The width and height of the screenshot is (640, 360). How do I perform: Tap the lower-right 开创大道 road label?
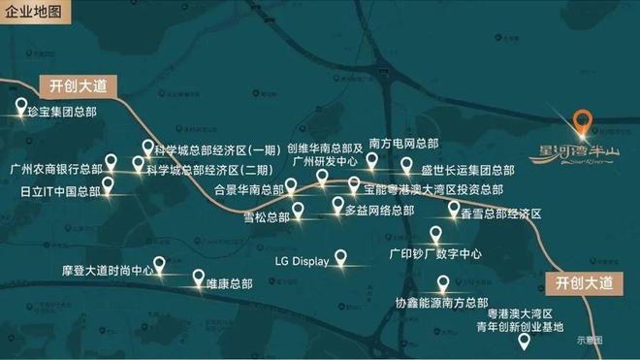pyautogui.click(x=587, y=283)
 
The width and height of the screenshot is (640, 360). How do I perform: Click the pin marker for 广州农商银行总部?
pyautogui.click(x=112, y=161)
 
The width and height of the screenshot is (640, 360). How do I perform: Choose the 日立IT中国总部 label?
pyautogui.click(x=54, y=192)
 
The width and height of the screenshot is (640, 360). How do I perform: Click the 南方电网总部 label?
pyautogui.click(x=403, y=142)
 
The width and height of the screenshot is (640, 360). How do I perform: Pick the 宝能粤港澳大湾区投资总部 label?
pyautogui.click(x=433, y=189)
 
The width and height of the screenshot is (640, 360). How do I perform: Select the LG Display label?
pyautogui.click(x=303, y=261)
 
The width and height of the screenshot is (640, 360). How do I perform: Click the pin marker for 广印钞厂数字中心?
pyautogui.click(x=436, y=234)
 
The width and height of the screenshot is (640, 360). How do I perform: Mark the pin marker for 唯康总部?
pyautogui.click(x=199, y=277)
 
